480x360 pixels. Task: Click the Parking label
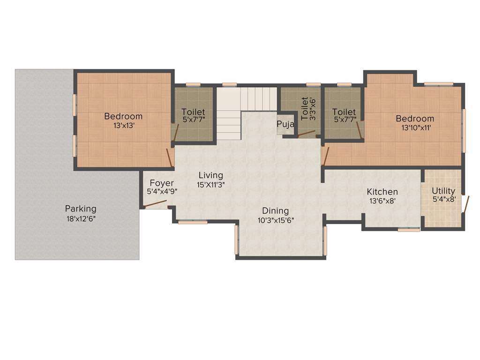click(81, 209)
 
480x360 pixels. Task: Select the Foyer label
click(162, 183)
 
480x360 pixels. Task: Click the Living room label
click(210, 175)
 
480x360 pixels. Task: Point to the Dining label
click(275, 211)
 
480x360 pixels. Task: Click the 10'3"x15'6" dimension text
click(276, 220)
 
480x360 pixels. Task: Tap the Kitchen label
click(382, 192)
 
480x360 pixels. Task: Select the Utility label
click(443, 191)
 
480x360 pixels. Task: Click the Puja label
click(285, 124)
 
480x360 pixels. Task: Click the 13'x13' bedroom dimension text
click(123, 126)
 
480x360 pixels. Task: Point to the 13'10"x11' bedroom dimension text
click(415, 127)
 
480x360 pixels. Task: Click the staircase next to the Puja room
click(239, 110)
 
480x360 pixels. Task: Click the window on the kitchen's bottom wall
click(409, 230)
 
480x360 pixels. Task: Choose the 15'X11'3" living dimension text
click(211, 185)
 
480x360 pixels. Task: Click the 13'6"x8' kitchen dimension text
click(382, 201)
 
